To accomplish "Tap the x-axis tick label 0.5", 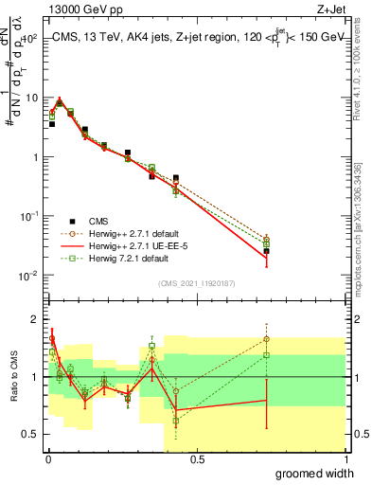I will pyautogui.click(x=197, y=459).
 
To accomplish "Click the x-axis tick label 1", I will pyautogui.click(x=345, y=459).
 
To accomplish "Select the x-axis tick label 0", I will pyautogui.click(x=48, y=459).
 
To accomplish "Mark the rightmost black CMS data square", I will pyautogui.click(x=267, y=251).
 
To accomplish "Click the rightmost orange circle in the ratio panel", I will pyautogui.click(x=267, y=338).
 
